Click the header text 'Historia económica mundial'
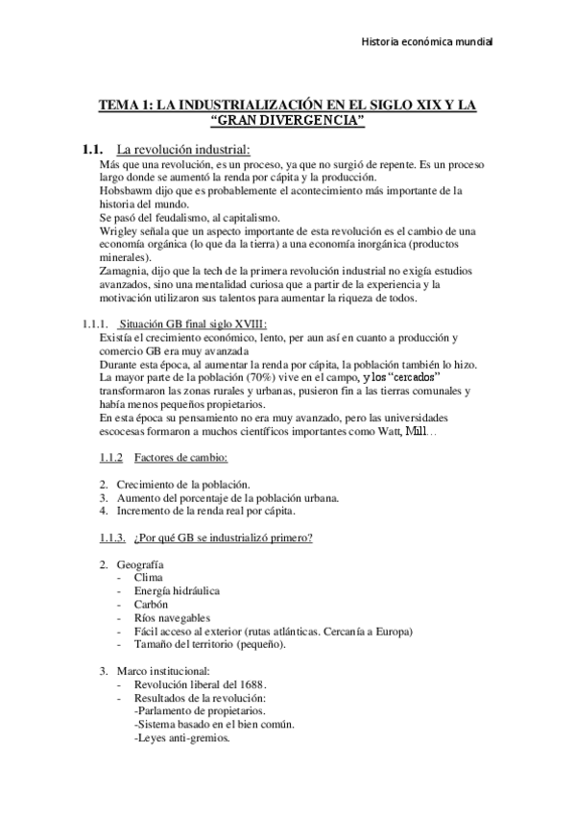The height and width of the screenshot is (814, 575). pyautogui.click(x=426, y=42)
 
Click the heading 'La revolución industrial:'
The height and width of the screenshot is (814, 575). pyautogui.click(x=182, y=150)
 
